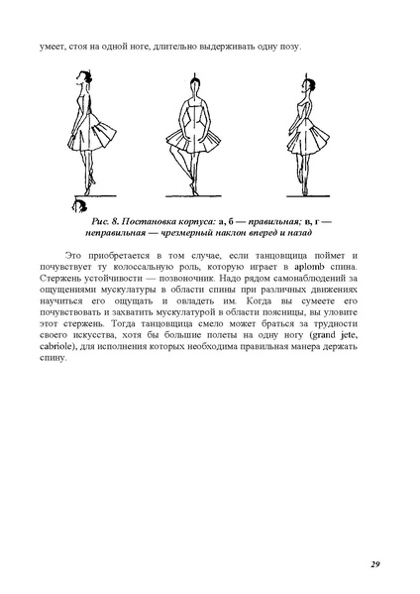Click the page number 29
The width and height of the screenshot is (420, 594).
coord(375,565)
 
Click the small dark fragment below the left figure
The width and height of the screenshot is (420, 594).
coord(79,205)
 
